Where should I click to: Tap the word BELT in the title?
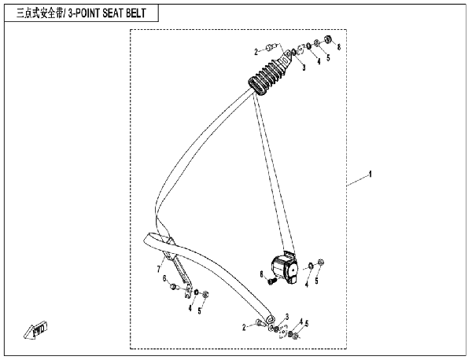pos(136,13)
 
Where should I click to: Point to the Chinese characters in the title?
pos(39,13)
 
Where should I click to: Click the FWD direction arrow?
pos(35,329)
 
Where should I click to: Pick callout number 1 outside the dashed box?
pos(371,174)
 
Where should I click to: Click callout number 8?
pos(339,47)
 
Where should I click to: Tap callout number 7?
pos(159,269)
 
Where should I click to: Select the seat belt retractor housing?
pos(284,268)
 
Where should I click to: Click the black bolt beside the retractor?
pos(272,281)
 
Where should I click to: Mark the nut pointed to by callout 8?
pos(328,39)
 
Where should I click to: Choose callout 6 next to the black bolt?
pos(262,274)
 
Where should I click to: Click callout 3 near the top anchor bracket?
pos(304,67)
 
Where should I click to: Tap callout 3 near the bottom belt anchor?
pos(287,317)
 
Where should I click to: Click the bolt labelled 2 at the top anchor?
pos(271,47)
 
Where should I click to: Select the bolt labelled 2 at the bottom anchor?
pos(260,323)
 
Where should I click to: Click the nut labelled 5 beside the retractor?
pos(321,263)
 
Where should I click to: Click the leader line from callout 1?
pos(357,181)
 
